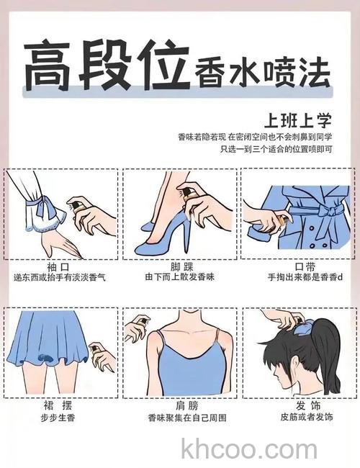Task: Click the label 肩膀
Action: (179, 405)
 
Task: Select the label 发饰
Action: (297, 405)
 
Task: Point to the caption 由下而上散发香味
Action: (179, 276)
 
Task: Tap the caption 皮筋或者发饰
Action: (297, 418)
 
